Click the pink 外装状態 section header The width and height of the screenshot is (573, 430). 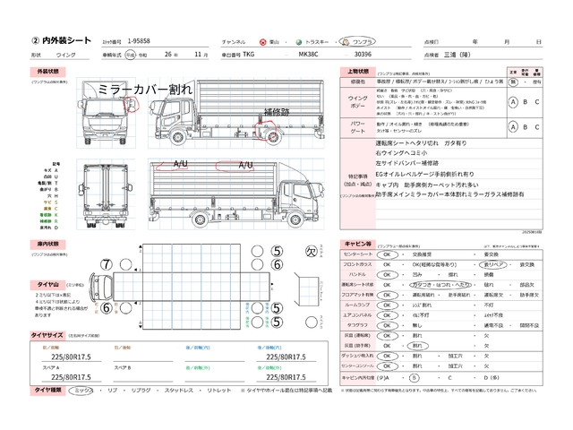coord(48,70)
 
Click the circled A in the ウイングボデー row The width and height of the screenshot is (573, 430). coord(512,102)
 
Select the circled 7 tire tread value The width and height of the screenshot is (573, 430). coord(107,264)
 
